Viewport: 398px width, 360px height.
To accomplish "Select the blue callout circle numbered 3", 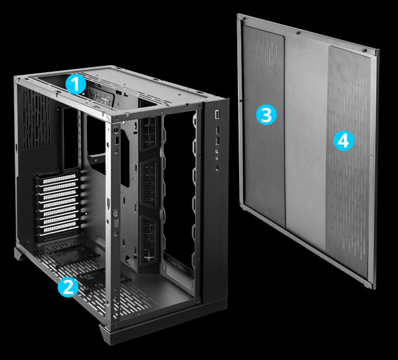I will [x=266, y=115].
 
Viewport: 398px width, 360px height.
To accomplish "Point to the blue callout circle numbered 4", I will [x=344, y=140].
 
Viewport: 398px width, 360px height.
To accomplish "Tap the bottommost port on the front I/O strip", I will [x=217, y=166].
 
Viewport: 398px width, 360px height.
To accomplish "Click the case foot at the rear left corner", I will [x=20, y=253].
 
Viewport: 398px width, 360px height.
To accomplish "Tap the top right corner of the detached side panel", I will [x=378, y=49].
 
